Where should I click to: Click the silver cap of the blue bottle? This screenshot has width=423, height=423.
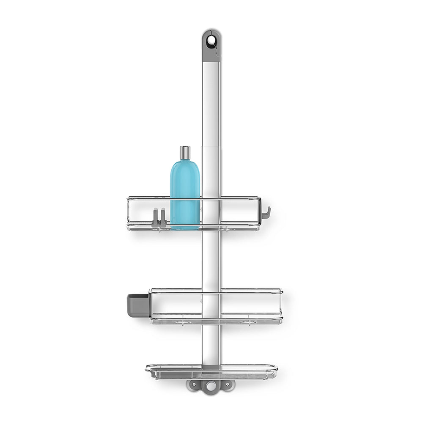pyautogui.click(x=185, y=153)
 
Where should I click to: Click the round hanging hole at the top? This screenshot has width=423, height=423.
pyautogui.click(x=211, y=41)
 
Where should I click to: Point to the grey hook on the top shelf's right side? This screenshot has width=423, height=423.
pyautogui.click(x=265, y=214)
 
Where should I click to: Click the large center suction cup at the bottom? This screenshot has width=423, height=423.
pyautogui.click(x=210, y=386)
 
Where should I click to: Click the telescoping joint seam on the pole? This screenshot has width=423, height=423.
pyautogui.click(x=211, y=146)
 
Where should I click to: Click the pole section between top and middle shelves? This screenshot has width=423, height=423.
pyautogui.click(x=211, y=258)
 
